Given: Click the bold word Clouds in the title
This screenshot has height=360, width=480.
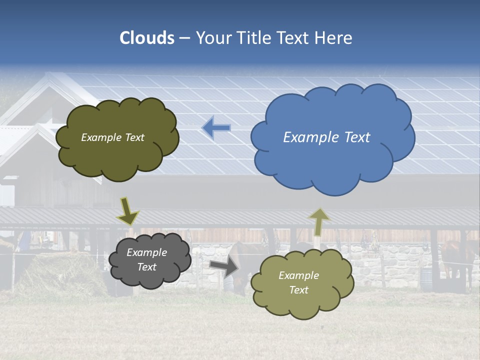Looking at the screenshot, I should [x=147, y=38].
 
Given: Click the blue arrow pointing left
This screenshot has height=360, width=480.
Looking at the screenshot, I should [x=216, y=128].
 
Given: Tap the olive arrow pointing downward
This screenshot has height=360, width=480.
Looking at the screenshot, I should [x=127, y=211].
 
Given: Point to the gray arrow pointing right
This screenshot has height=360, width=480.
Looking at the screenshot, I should [x=223, y=267].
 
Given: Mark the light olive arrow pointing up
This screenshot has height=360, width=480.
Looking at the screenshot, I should [x=318, y=221].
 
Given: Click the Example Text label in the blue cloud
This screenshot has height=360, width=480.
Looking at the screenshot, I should [x=326, y=137].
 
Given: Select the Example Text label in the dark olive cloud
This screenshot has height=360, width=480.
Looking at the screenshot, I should [x=112, y=137].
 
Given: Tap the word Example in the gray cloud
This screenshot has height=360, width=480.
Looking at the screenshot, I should [x=146, y=252].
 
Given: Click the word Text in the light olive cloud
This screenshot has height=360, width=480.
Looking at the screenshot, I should [x=298, y=290].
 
